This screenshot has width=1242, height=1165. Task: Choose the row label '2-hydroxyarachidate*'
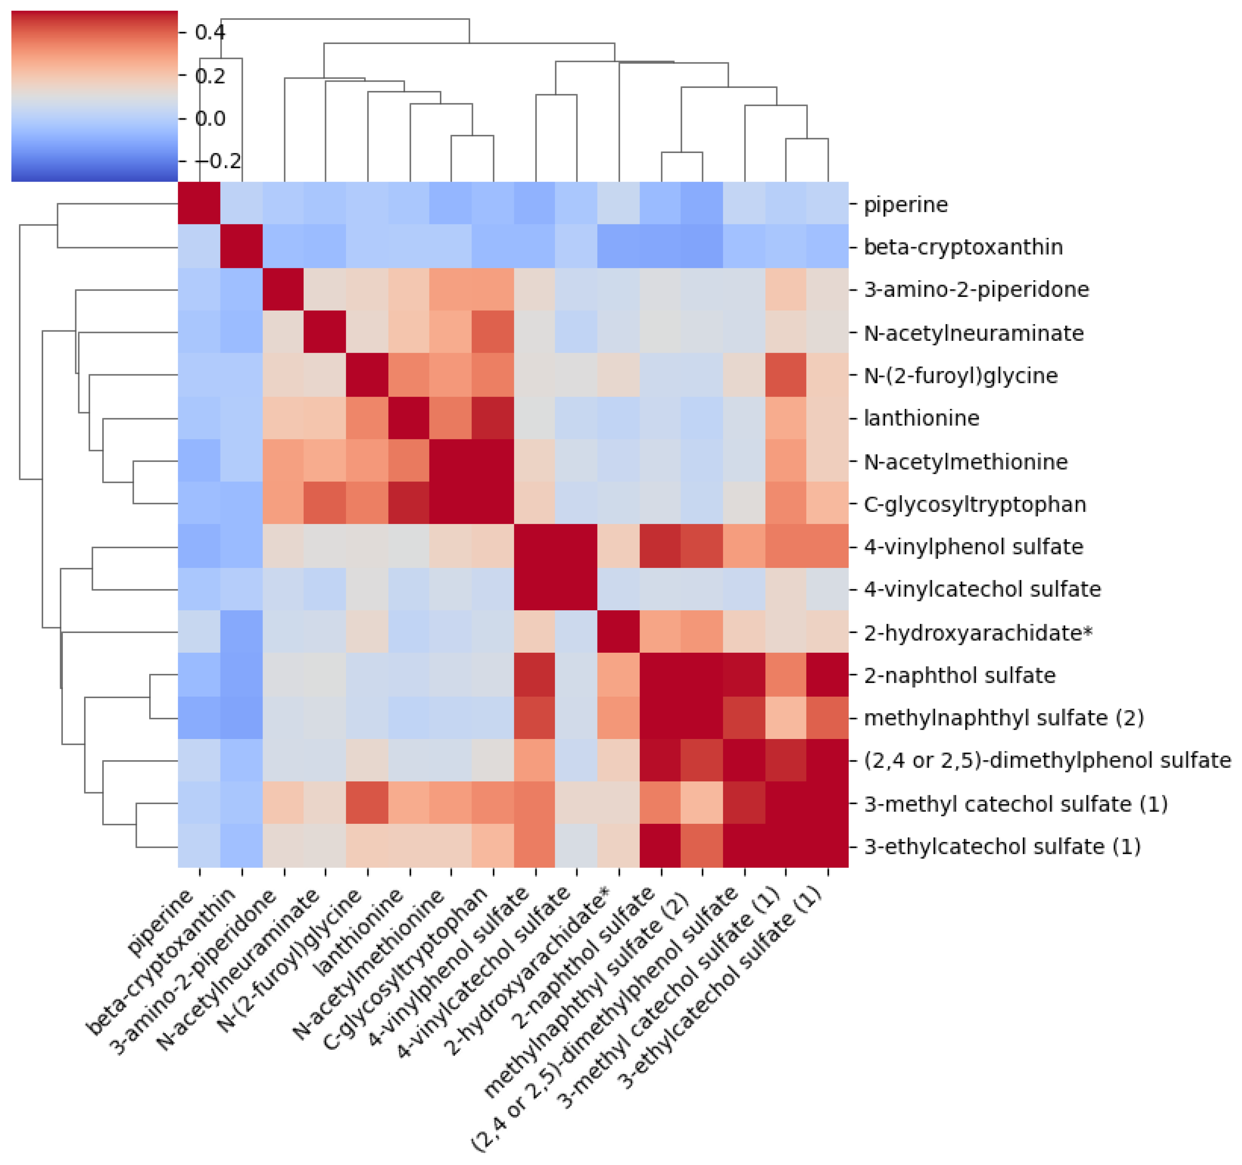[x=978, y=633]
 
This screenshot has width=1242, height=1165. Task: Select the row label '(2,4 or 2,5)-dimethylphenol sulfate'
[x=1047, y=760]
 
